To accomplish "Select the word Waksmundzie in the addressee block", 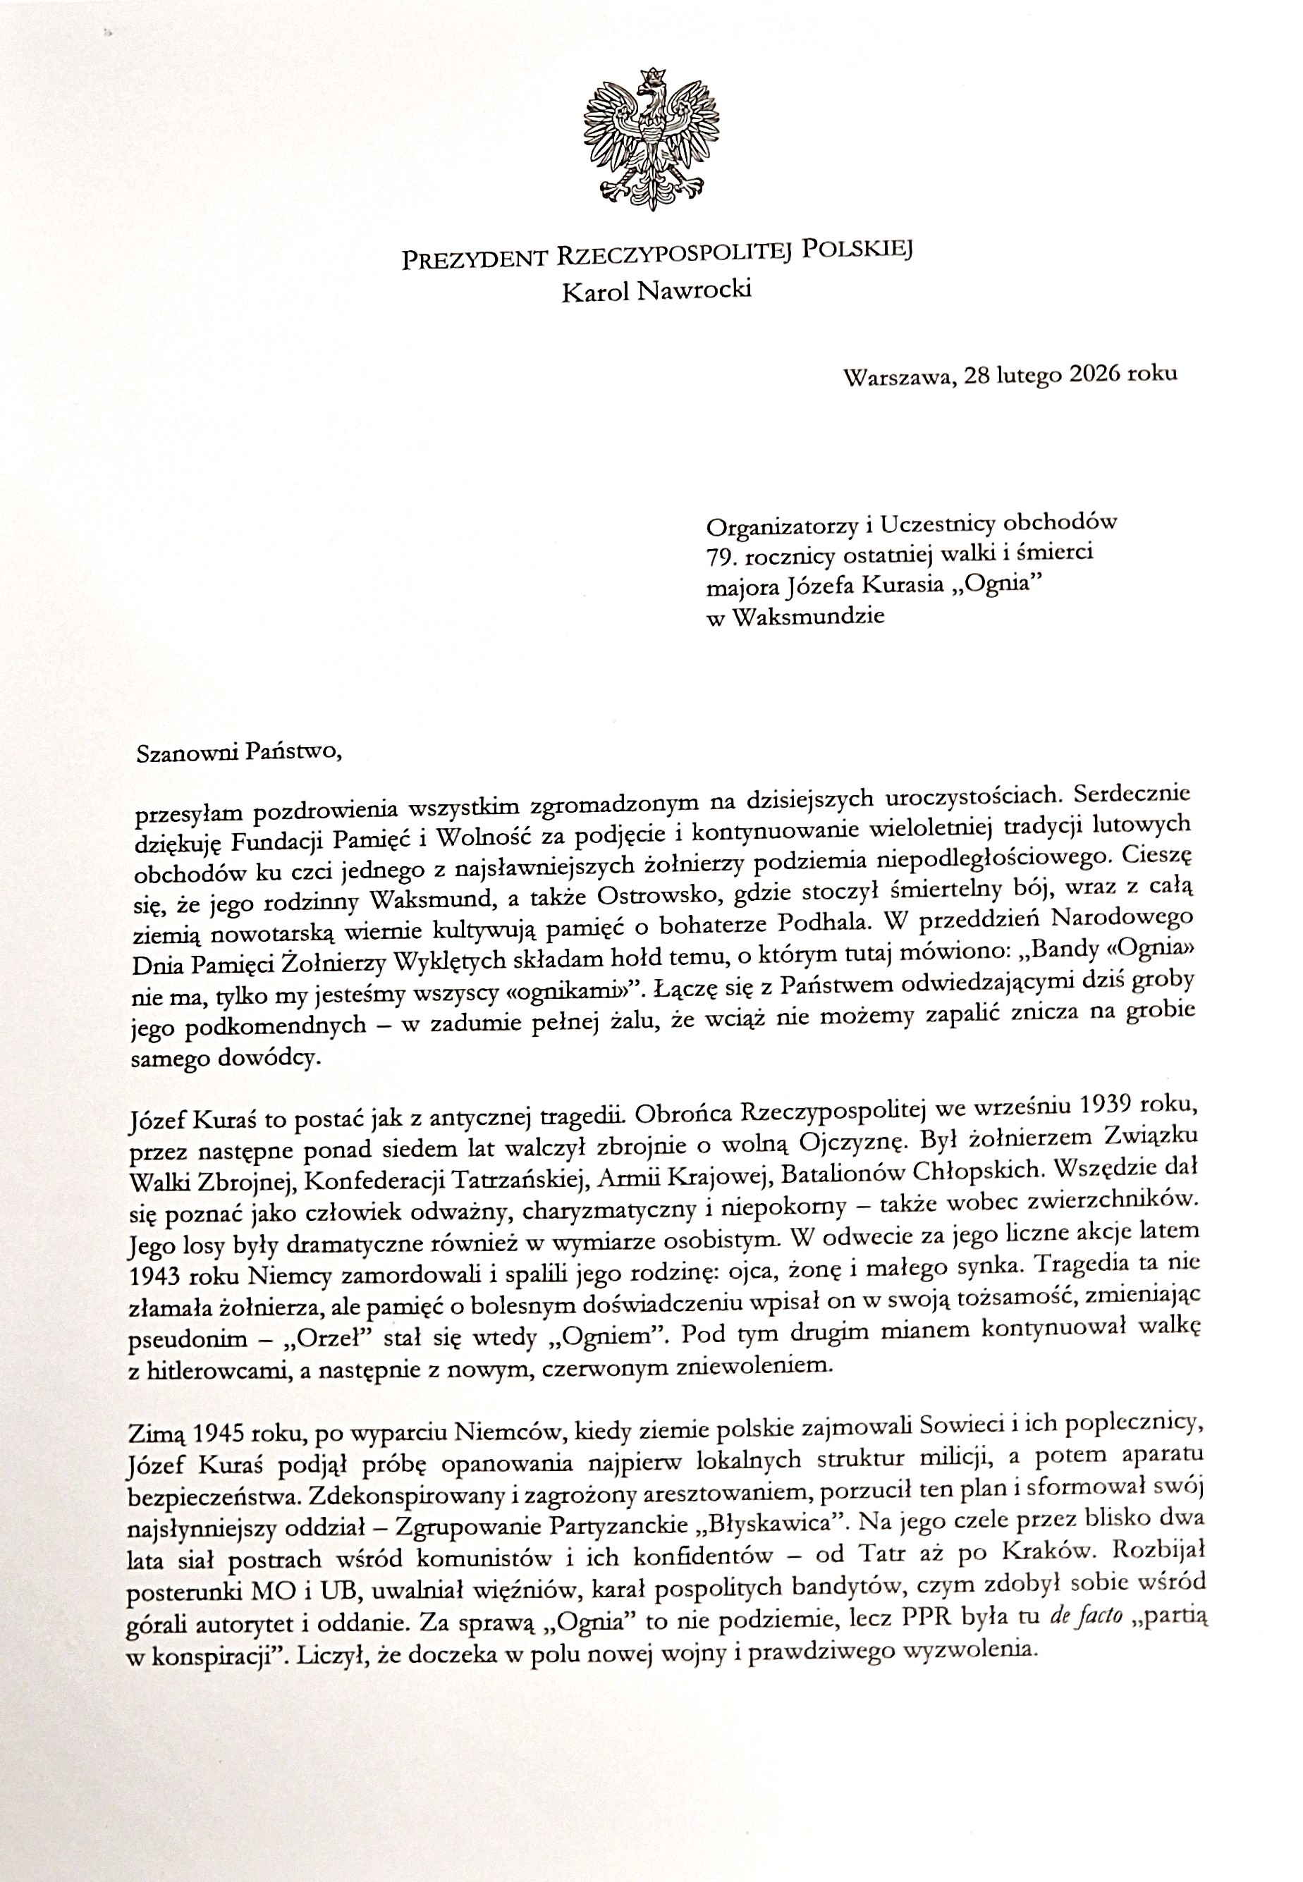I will click(809, 617).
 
